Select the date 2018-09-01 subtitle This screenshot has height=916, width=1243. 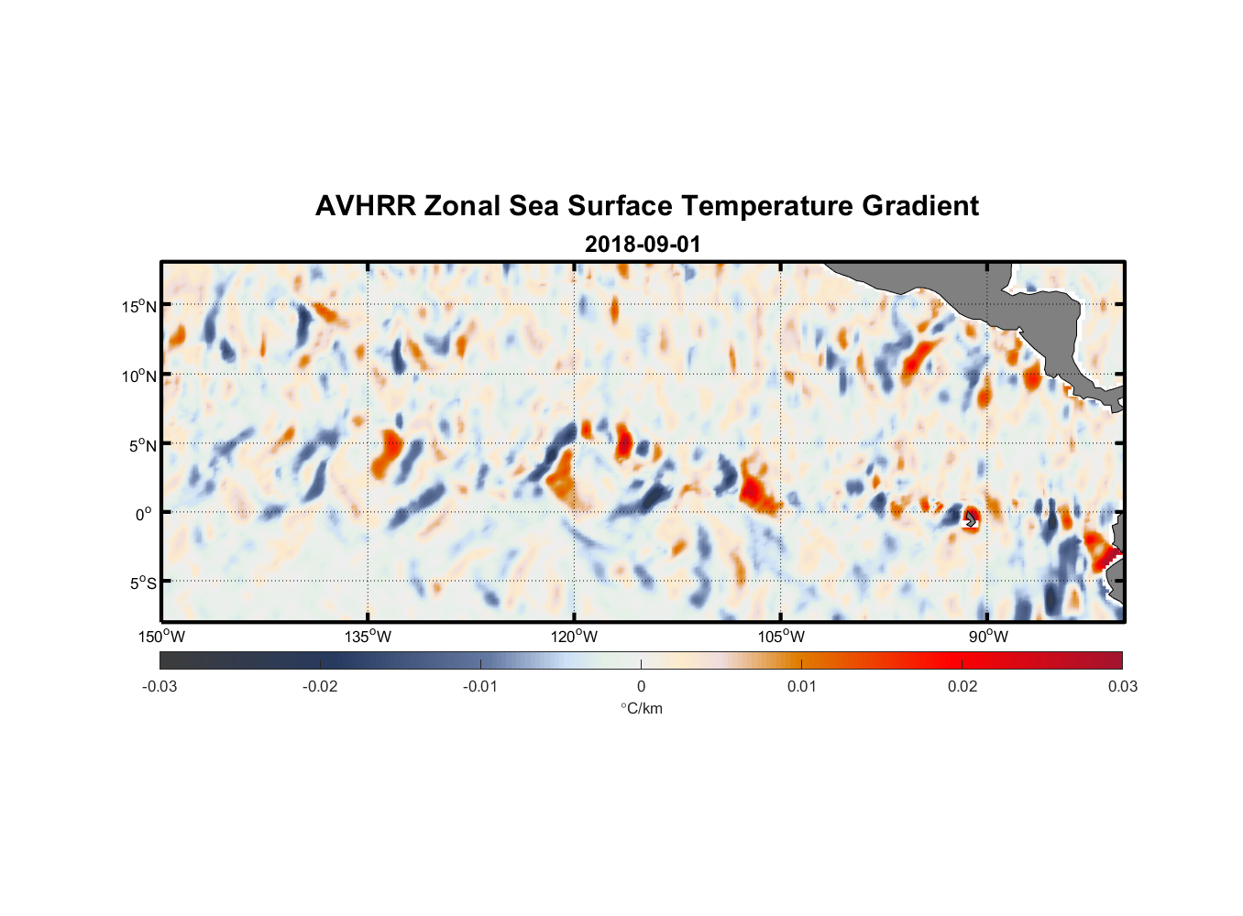coord(643,245)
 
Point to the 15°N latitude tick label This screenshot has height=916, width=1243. coord(139,306)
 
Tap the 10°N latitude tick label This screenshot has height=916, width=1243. coord(139,376)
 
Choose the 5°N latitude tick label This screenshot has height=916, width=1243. coord(142,445)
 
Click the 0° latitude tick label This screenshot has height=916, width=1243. coord(144,514)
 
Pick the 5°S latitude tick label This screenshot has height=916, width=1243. coord(142,583)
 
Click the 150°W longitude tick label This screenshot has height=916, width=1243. coord(162,637)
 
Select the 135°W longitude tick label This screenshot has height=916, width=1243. coord(368,637)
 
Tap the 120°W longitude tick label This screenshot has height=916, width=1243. coord(575,637)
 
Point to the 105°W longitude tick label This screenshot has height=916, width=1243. coord(781,637)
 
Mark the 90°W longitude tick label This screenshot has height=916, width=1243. coord(987,637)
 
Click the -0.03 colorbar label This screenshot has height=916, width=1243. coord(159,687)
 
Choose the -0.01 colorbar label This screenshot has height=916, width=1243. coord(480,687)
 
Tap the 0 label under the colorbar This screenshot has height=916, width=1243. coord(641,687)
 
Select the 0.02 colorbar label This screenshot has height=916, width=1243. coord(962,687)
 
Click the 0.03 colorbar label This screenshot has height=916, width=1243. coord(1122,687)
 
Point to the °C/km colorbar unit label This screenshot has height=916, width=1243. coord(641,708)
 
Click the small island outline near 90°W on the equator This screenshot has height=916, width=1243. coord(971,519)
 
